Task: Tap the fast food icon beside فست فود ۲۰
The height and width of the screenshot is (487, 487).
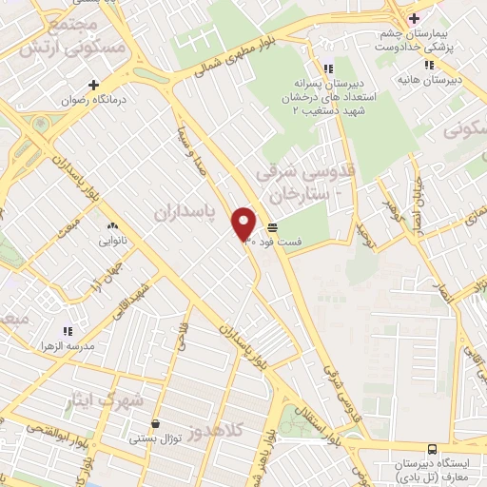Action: coord(273,227)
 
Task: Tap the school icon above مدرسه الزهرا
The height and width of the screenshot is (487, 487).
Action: coord(68,330)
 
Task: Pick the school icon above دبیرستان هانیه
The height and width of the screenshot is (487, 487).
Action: coord(429,65)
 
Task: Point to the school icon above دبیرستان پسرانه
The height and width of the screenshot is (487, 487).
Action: coord(328,68)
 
